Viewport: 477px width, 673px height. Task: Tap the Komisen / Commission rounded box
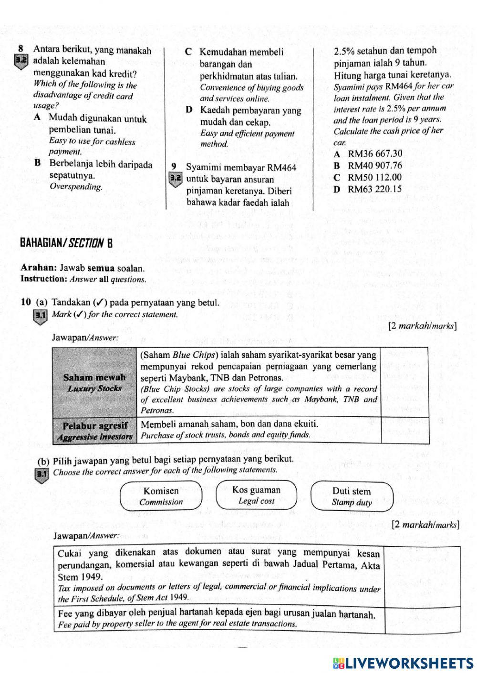(x=161, y=496)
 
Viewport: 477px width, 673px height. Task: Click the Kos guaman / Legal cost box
(x=256, y=495)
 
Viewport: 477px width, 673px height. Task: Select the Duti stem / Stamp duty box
(x=352, y=496)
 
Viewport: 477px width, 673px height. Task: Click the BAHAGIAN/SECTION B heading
(x=66, y=243)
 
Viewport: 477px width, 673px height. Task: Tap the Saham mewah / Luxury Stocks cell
(x=94, y=382)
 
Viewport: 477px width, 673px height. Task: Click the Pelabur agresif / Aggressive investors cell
(x=94, y=430)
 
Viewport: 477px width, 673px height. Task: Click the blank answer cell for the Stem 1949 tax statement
(x=422, y=576)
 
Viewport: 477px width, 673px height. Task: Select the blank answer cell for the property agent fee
(x=422, y=620)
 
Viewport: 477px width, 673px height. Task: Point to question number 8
(x=21, y=49)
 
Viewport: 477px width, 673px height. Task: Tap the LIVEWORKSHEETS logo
(x=403, y=663)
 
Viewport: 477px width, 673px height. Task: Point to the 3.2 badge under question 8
(x=21, y=61)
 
